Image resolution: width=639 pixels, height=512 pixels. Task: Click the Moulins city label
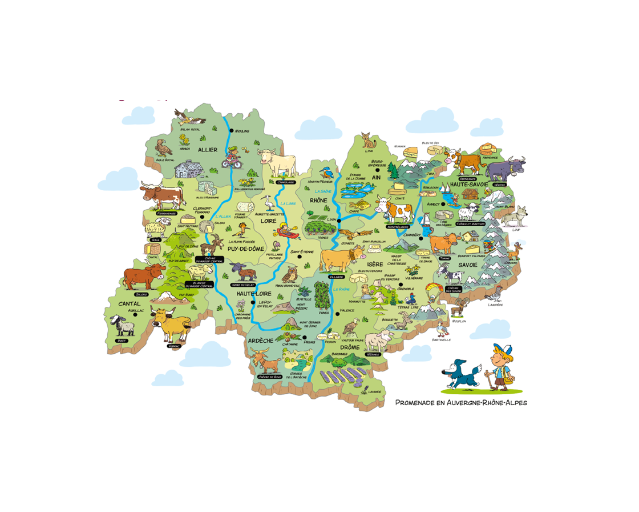243,131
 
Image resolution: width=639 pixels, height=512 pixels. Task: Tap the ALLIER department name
208,150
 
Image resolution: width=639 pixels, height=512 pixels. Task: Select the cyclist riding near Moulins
232,156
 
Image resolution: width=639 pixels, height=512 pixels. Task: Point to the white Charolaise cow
278,163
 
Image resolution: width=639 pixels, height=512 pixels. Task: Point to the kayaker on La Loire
285,232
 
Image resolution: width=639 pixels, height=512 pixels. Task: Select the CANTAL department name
129,304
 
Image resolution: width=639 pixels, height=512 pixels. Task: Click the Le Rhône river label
342,290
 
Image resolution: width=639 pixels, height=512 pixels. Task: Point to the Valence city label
347,310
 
